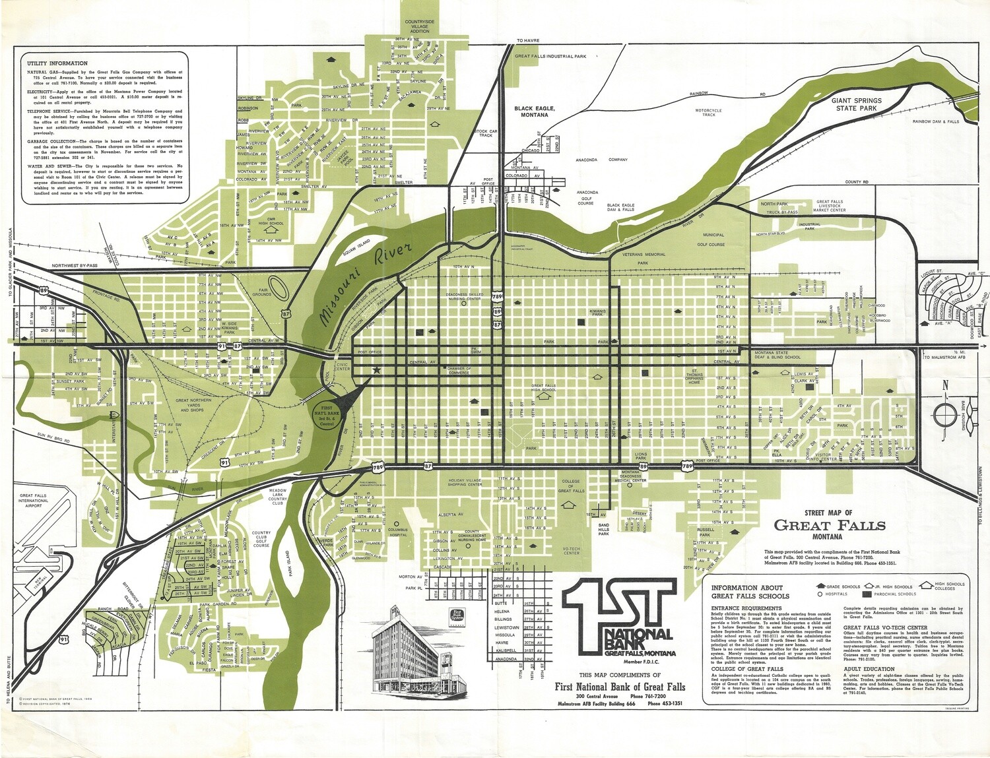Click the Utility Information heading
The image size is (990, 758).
57,63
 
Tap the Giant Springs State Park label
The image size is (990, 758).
855,105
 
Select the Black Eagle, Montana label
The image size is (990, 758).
535,111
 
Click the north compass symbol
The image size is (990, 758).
945,413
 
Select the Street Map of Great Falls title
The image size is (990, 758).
829,524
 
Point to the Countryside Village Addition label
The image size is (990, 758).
420,26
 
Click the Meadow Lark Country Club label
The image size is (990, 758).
278,496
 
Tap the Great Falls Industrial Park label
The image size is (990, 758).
550,57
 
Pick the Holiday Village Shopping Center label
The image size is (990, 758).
465,482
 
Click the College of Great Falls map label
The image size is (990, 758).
571,486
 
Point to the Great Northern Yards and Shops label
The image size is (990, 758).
193,405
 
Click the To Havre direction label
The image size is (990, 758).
528,40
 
